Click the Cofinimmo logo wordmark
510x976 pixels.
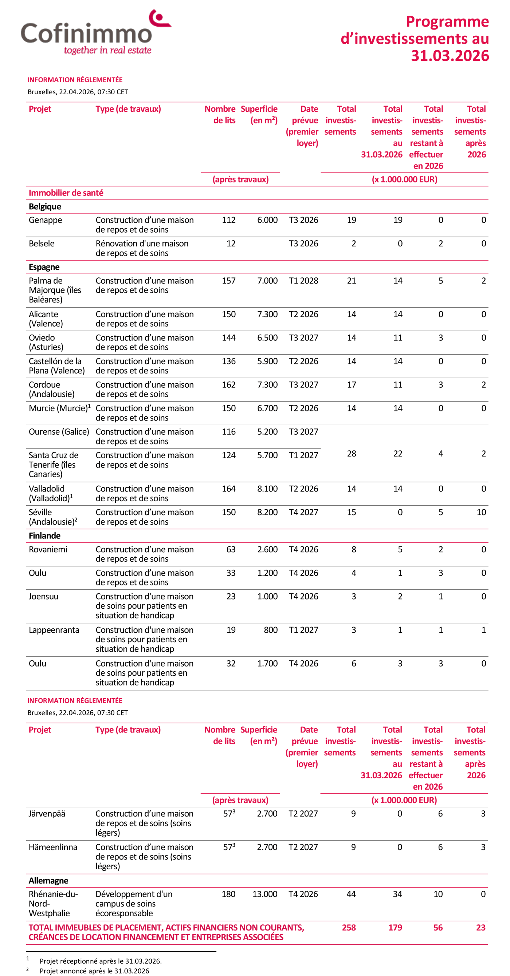[x=86, y=33]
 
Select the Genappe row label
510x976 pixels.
[x=45, y=220]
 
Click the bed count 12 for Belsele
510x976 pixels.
[x=231, y=244]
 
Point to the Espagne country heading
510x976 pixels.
[x=44, y=267]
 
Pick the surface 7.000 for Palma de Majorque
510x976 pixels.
[x=267, y=281]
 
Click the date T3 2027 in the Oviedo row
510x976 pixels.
[x=303, y=337]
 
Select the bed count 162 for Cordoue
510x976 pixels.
[x=229, y=384]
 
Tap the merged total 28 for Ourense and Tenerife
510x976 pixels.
[x=352, y=454]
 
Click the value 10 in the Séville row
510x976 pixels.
[x=481, y=512]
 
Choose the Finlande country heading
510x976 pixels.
[x=44, y=536]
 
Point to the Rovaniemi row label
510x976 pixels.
[x=48, y=549]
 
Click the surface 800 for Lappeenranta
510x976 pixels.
[x=271, y=630]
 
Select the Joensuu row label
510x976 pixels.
[x=44, y=596]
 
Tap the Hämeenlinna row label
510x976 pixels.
[x=53, y=847]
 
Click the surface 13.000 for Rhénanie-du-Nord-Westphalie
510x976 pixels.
[x=265, y=894]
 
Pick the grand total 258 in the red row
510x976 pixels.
[x=349, y=928]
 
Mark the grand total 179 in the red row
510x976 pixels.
[x=395, y=928]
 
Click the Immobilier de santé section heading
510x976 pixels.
[x=66, y=193]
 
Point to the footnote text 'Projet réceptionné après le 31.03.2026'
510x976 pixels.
[x=101, y=961]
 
